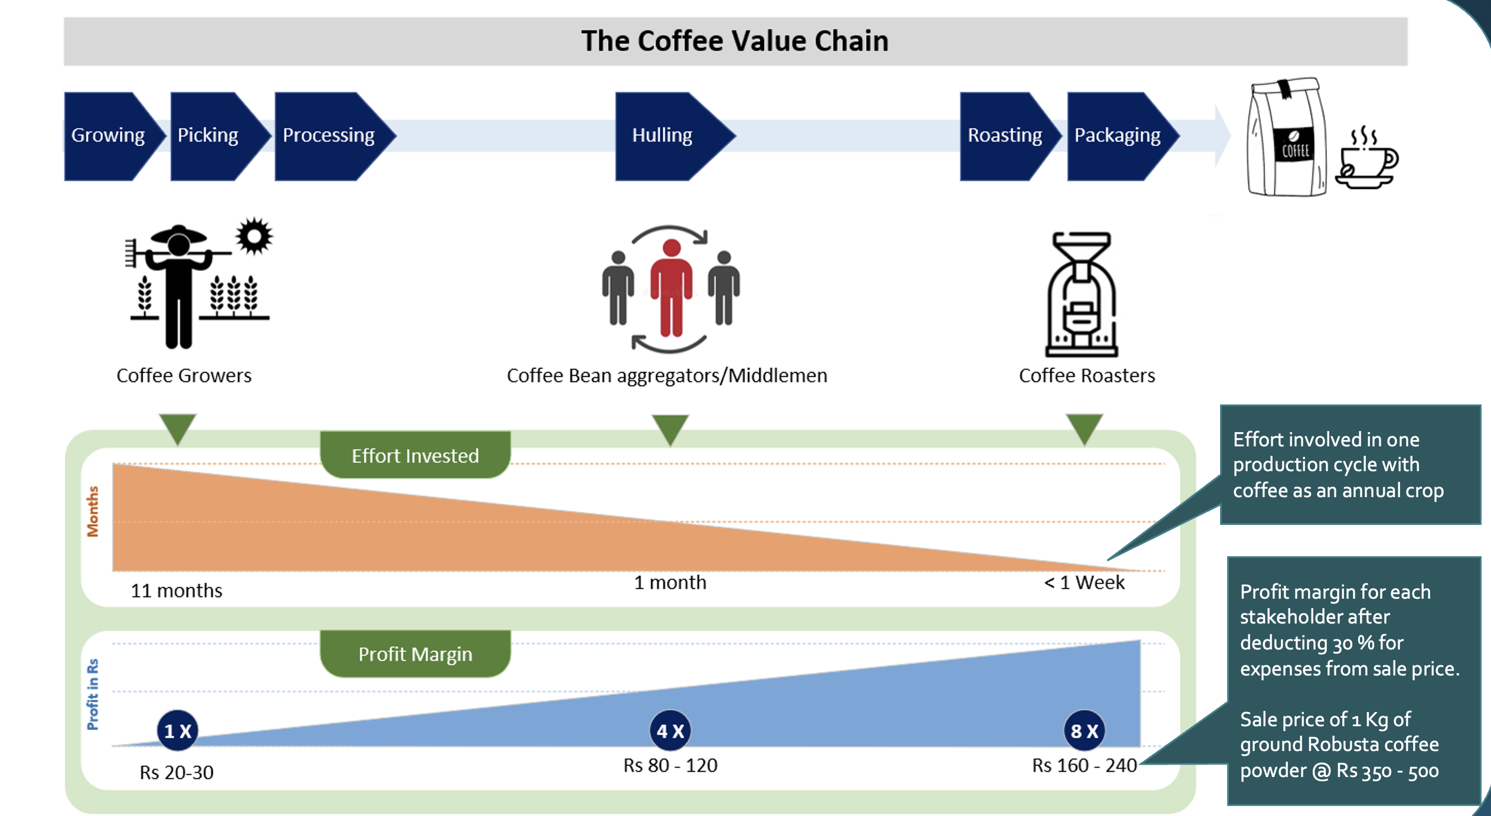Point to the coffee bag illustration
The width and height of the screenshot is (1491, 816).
[1287, 136]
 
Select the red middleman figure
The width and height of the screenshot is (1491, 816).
[671, 288]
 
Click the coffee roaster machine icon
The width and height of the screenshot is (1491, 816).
[1081, 294]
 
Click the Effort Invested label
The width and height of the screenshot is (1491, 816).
[415, 455]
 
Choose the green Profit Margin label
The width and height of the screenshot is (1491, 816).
[415, 654]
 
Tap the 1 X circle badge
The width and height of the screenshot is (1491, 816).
[177, 730]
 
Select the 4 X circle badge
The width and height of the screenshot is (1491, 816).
[670, 730]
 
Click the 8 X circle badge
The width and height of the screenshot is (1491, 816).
[1084, 730]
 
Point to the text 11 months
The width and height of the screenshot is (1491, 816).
[176, 590]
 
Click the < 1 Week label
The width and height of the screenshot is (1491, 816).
[1084, 583]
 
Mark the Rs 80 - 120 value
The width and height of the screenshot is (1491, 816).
[671, 765]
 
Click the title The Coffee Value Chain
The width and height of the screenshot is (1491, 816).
[735, 41]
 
